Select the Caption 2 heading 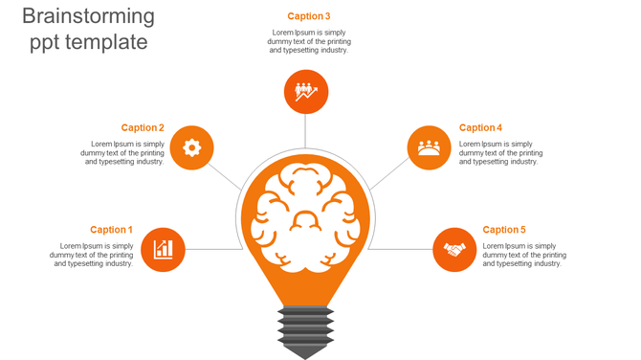[x=143, y=128]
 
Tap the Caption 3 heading [x=309, y=16]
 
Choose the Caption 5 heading [x=504, y=230]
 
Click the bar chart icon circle [x=163, y=250]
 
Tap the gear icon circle [x=191, y=147]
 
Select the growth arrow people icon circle [x=306, y=92]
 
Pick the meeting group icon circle [x=429, y=147]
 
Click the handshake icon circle [x=454, y=250]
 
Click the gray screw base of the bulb [x=305, y=329]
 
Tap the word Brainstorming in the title [x=88, y=16]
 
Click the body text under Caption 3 [x=309, y=41]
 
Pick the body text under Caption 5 [x=524, y=255]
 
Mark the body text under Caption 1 [x=92, y=255]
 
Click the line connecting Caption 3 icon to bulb [x=306, y=131]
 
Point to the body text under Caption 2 [x=122, y=153]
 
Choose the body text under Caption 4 [x=500, y=153]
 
